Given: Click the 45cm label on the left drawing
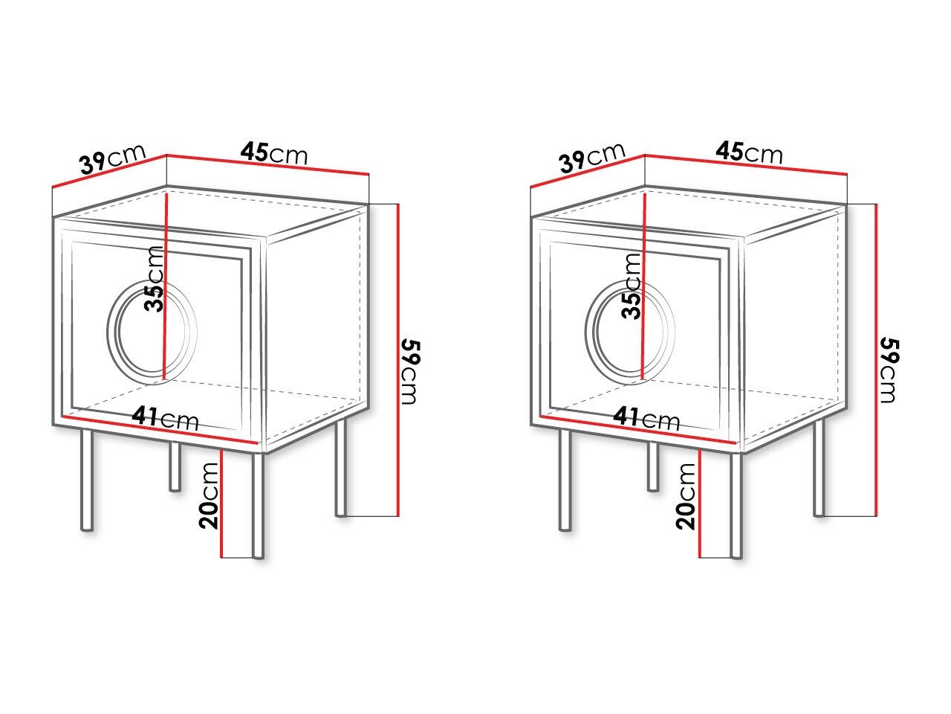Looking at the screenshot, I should click(x=273, y=153).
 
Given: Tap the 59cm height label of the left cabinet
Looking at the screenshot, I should click(x=411, y=370).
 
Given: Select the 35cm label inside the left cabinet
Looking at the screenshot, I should click(x=154, y=280).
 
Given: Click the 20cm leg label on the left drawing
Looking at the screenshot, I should click(x=210, y=495).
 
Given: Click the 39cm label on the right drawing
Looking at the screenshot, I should click(x=592, y=158).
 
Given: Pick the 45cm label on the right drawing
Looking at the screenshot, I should click(x=750, y=153).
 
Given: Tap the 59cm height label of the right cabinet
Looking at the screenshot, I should click(x=889, y=370).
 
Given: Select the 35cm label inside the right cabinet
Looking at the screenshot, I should click(x=632, y=285).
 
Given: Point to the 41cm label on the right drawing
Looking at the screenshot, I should click(x=646, y=418).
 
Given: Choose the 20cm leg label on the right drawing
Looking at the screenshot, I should click(x=688, y=495).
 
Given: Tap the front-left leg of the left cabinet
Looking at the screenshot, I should click(x=87, y=480).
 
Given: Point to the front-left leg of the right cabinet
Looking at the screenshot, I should click(x=565, y=480).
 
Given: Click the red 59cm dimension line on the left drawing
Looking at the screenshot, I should click(x=398, y=357).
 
